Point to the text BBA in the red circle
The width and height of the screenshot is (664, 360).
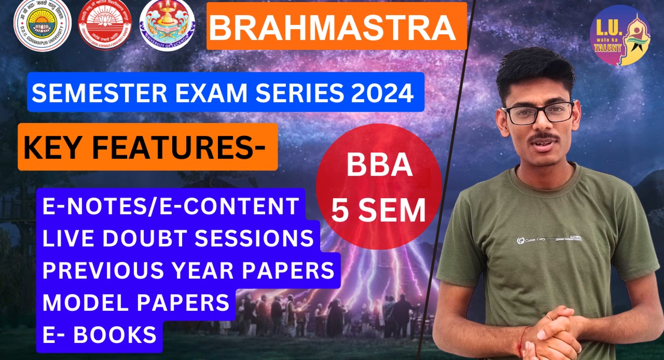click(x=379, y=167)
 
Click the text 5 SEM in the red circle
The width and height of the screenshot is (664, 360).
click(x=379, y=210)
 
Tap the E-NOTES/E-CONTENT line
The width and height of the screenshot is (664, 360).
click(x=171, y=206)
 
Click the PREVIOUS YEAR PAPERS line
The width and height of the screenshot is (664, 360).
click(x=188, y=270)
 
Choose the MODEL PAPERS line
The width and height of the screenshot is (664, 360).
click(x=136, y=302)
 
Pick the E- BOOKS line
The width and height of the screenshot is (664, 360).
click(x=100, y=335)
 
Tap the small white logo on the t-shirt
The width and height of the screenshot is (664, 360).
click(x=520, y=240)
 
